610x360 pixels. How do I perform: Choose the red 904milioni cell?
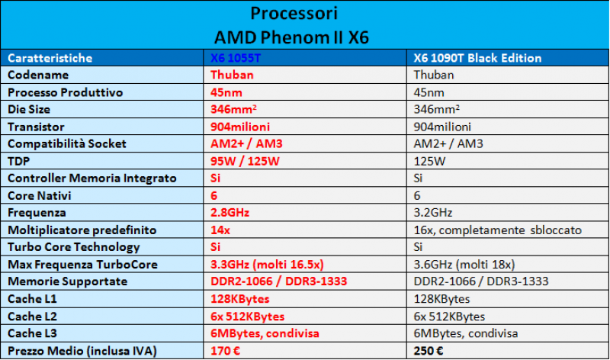(x=240, y=127)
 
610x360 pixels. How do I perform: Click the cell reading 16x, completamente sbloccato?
(x=496, y=230)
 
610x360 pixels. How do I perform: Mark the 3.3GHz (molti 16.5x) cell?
(x=268, y=264)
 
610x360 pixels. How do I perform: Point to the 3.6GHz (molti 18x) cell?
(x=464, y=264)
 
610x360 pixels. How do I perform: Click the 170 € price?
(x=226, y=350)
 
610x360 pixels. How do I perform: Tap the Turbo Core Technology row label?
(x=74, y=247)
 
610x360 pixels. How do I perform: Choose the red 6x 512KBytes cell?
(x=247, y=316)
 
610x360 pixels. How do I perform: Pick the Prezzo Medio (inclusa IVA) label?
(x=82, y=350)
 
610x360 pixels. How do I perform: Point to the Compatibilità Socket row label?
(x=66, y=143)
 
